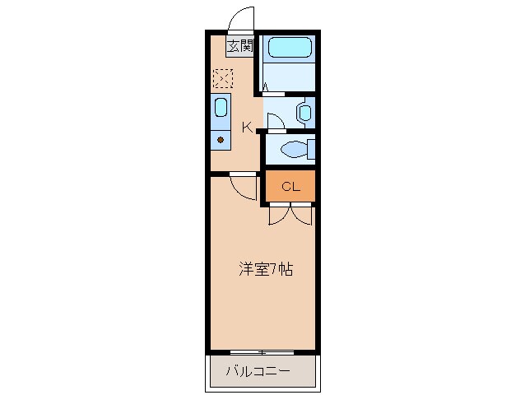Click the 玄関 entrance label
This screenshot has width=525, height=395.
239,46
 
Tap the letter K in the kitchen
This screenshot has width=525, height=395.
247,127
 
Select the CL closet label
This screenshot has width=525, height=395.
290,186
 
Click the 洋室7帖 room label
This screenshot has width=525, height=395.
265,268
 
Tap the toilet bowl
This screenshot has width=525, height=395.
291,149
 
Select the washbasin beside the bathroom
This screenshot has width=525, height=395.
304,112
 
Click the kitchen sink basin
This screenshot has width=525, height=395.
221,107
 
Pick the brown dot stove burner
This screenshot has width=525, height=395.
221,140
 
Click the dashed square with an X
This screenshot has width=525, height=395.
222,78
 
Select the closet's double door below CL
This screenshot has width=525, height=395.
290,213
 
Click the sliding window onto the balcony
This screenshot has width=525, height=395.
262,352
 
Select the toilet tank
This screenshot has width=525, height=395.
311,149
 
